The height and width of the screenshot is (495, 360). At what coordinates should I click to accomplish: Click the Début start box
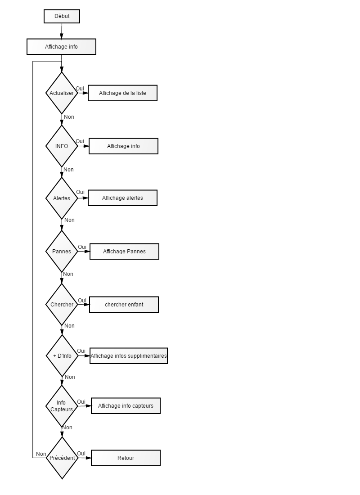(x=62, y=16)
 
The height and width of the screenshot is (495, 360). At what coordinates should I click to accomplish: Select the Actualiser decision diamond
(x=62, y=93)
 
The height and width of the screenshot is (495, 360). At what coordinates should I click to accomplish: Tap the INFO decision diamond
(x=62, y=146)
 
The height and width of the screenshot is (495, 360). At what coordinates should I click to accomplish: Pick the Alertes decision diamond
(x=62, y=198)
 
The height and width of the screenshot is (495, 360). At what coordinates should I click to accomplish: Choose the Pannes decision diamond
(x=62, y=251)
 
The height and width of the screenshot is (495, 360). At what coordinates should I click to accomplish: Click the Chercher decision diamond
(x=62, y=304)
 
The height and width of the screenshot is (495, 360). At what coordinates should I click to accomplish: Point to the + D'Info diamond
(x=62, y=356)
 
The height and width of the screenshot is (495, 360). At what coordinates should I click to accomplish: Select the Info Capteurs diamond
(x=62, y=406)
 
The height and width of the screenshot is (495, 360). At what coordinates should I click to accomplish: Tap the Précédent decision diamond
(x=62, y=458)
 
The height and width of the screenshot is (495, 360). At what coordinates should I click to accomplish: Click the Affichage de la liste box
(x=122, y=93)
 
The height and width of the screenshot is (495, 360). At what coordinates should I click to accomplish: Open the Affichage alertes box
(x=122, y=198)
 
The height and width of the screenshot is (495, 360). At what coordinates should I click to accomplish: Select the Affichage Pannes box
(x=124, y=252)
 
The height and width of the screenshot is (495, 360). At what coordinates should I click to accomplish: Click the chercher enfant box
(x=124, y=305)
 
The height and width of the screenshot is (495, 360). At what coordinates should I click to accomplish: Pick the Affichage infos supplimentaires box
(x=129, y=356)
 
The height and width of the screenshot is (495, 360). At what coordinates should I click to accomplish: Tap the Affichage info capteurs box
(x=126, y=405)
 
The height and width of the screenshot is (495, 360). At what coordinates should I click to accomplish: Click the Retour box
(x=126, y=458)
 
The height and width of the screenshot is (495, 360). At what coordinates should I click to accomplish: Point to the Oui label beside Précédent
(x=81, y=454)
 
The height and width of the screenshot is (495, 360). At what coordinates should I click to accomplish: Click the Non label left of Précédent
(x=41, y=454)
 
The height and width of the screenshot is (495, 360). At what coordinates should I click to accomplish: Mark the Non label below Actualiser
(x=69, y=117)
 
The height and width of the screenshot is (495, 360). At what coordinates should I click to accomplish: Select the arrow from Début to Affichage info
(x=62, y=31)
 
